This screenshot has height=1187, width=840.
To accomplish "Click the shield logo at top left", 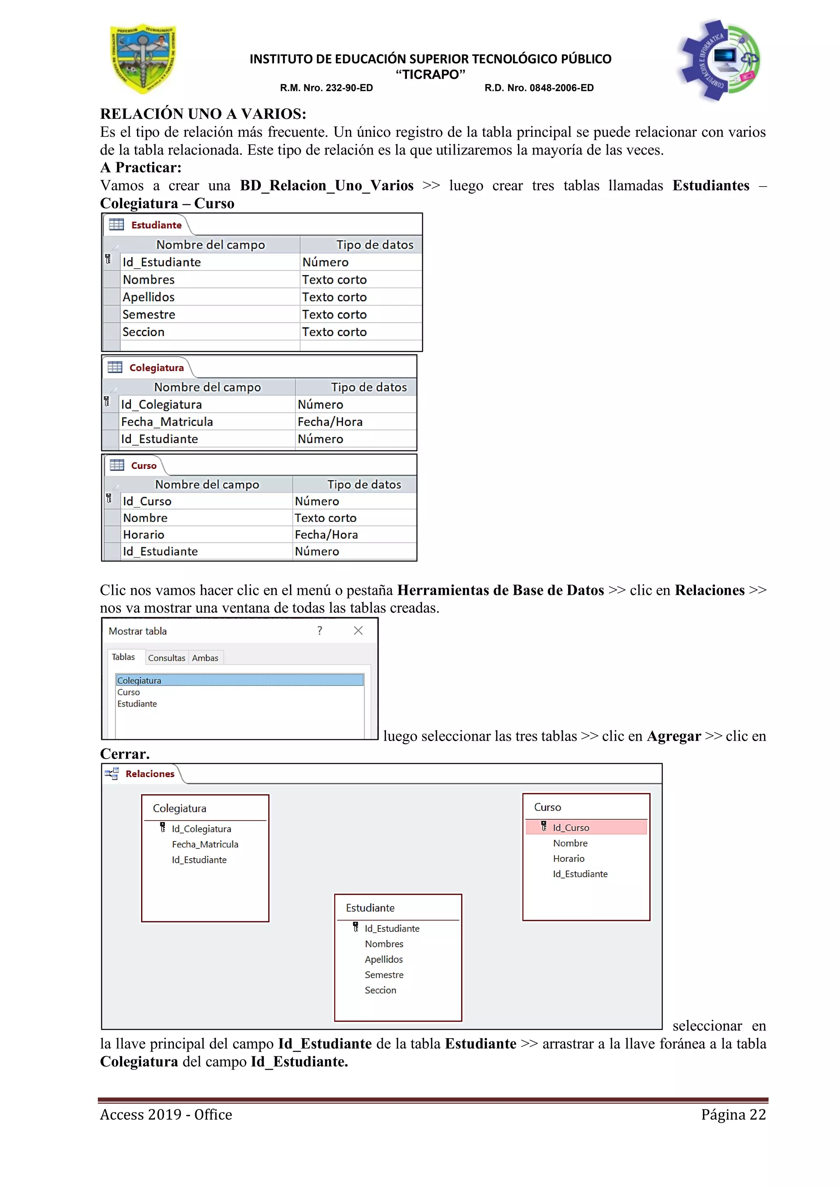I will (143, 59).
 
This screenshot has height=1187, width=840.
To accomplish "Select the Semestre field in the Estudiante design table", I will (149, 314).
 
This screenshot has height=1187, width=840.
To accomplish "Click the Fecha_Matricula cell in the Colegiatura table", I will (167, 422).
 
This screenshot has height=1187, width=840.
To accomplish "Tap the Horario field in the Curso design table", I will (144, 534).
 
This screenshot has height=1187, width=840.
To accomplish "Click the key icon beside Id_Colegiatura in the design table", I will (107, 402).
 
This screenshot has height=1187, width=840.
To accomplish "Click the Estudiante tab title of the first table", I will (156, 225).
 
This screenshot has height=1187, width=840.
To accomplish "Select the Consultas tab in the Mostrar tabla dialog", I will (167, 657).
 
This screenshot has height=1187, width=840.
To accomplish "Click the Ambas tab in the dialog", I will (205, 657).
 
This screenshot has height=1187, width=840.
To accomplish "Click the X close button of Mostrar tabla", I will (358, 630).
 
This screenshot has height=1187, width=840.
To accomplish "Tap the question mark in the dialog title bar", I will (320, 630).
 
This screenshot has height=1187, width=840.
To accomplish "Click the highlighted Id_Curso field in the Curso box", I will (571, 828).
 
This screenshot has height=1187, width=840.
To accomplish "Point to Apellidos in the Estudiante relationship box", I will (384, 959).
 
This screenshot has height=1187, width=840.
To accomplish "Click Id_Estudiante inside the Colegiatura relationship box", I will (199, 860).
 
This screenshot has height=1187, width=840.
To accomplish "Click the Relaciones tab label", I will (149, 773).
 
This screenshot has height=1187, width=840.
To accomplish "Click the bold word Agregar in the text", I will (674, 736).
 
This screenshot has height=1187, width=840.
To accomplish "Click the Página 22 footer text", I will (733, 1114).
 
